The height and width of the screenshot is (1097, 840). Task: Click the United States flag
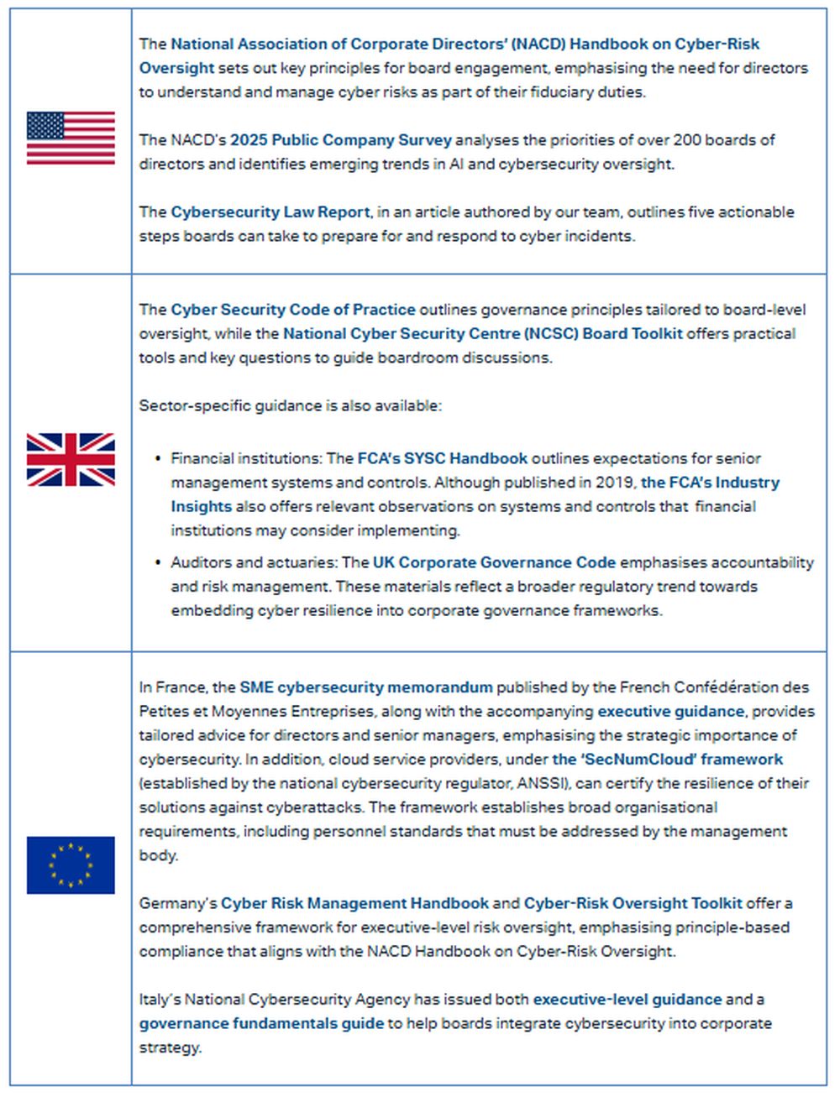[x=71, y=138]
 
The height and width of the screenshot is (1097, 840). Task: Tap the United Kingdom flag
[x=71, y=460]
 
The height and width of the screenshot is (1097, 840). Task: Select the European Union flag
[x=71, y=865]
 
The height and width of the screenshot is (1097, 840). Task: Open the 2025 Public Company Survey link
[x=341, y=140]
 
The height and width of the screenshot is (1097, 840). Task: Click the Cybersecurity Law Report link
[x=270, y=212]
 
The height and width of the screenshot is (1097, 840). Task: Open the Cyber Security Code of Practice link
[x=293, y=310]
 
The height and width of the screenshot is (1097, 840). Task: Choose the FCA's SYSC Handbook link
[x=443, y=459]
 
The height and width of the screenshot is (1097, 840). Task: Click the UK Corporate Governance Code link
[x=494, y=562]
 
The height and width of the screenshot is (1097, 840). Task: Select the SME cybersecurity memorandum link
[x=366, y=687]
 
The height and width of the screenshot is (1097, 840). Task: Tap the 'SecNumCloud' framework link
[x=668, y=760]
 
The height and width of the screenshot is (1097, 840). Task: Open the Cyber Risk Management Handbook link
[x=354, y=904]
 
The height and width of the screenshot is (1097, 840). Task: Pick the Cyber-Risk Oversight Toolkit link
[x=633, y=904]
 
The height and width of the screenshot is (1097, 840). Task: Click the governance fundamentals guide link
[x=261, y=1024]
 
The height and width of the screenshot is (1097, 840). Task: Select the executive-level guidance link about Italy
[x=627, y=1000]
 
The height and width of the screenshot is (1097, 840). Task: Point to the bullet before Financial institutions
[x=158, y=458]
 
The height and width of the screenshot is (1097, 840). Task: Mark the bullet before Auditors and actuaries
[x=158, y=562]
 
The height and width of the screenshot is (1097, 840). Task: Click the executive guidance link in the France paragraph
[x=670, y=712]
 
